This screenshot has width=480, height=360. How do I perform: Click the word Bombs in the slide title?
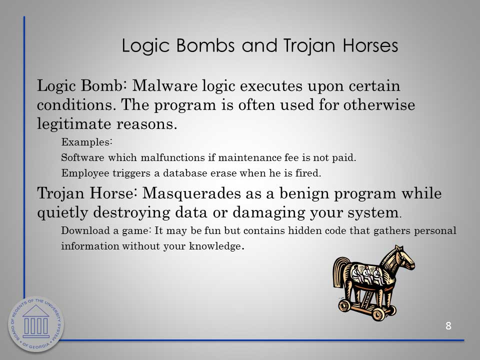[205, 45]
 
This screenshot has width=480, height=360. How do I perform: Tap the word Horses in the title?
[370, 45]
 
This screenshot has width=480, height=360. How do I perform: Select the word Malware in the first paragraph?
[164, 85]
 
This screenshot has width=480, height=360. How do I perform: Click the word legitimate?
[74, 124]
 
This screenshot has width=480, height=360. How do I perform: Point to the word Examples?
[87, 142]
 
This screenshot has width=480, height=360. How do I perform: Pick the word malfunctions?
[173, 157]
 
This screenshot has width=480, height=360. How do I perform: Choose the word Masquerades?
[191, 193]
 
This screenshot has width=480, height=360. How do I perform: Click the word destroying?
[131, 213]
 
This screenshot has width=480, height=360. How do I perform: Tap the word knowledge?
[216, 246]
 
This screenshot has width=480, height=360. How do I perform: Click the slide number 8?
[448, 325]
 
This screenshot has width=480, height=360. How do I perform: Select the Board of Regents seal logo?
[36, 324]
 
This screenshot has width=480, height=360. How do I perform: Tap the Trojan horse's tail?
[340, 272]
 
